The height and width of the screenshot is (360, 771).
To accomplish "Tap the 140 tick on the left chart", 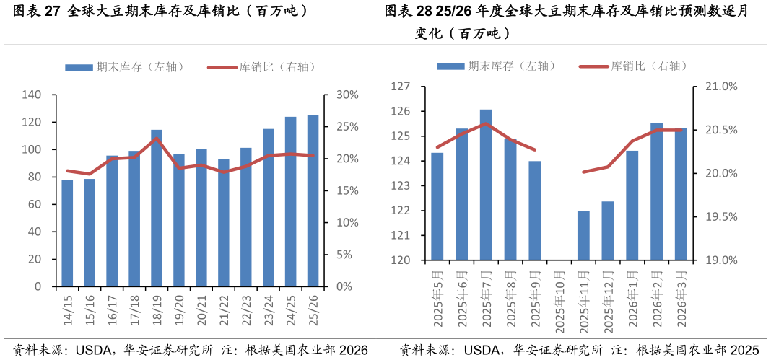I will pos(32,95).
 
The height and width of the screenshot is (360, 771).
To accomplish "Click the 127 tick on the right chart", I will pos(401,87).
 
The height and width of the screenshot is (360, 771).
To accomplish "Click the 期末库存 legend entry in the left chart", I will pos(126,67).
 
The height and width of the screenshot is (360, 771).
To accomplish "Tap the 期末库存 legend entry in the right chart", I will pos(497,66).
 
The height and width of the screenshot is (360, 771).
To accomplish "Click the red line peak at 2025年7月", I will pos(486,123).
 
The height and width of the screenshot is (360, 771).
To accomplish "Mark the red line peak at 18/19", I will pos(157,139).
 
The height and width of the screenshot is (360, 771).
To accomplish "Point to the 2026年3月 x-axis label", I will pos(681,299).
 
